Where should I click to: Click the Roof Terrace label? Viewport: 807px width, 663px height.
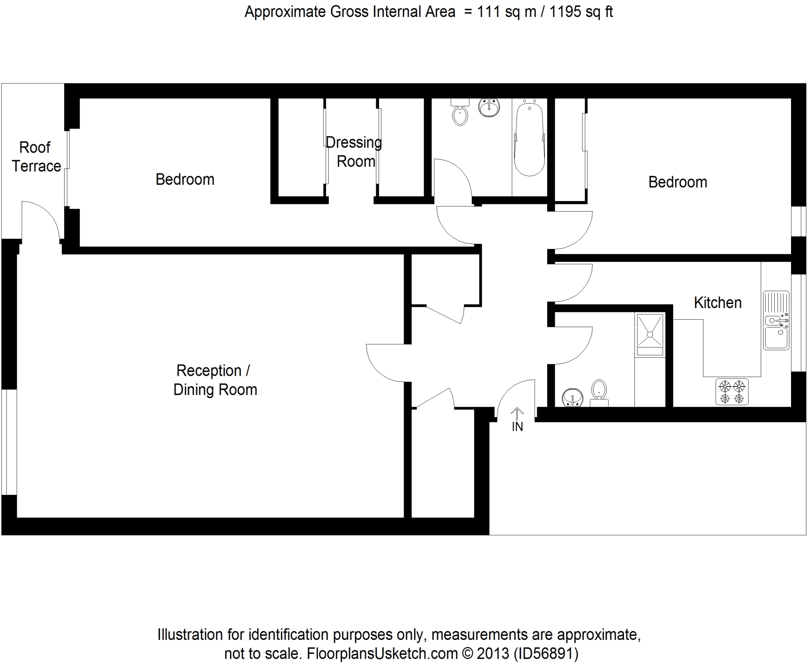[x=36, y=157]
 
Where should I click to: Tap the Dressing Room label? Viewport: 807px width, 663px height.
[x=354, y=152]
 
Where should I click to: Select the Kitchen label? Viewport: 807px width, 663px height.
[x=717, y=303]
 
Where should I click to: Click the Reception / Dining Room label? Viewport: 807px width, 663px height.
[x=215, y=380]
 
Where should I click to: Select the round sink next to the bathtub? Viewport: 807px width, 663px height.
[x=489, y=108]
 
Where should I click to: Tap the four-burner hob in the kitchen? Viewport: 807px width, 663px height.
[x=732, y=392]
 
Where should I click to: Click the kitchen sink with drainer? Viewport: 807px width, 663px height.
[x=776, y=321]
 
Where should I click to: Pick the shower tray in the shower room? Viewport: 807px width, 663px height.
[x=650, y=334]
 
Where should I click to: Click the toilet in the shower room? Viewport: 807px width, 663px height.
[x=599, y=393]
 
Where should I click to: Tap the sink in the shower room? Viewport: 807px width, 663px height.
[x=573, y=398]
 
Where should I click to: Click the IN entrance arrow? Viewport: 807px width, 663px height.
[x=517, y=414]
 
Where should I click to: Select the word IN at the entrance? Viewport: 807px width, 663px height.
[x=517, y=427]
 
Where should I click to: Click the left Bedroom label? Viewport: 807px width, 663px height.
[x=185, y=179]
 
